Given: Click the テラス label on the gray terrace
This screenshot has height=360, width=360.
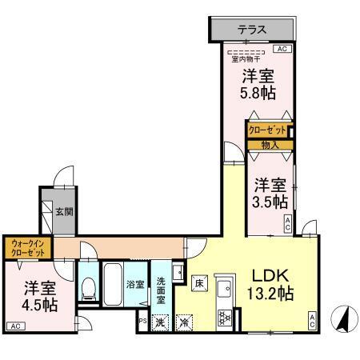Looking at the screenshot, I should [x=253, y=30].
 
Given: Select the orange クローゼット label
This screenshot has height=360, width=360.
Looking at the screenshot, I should [x=266, y=130].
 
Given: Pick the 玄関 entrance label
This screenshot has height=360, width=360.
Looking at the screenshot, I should [x=64, y=212].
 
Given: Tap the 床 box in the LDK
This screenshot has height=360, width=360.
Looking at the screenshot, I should [x=198, y=282].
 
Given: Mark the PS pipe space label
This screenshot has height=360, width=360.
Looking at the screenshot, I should [x=142, y=322].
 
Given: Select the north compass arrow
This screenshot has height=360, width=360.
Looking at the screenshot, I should [x=341, y=321].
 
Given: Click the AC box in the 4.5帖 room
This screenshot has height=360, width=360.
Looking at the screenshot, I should [x=15, y=326].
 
